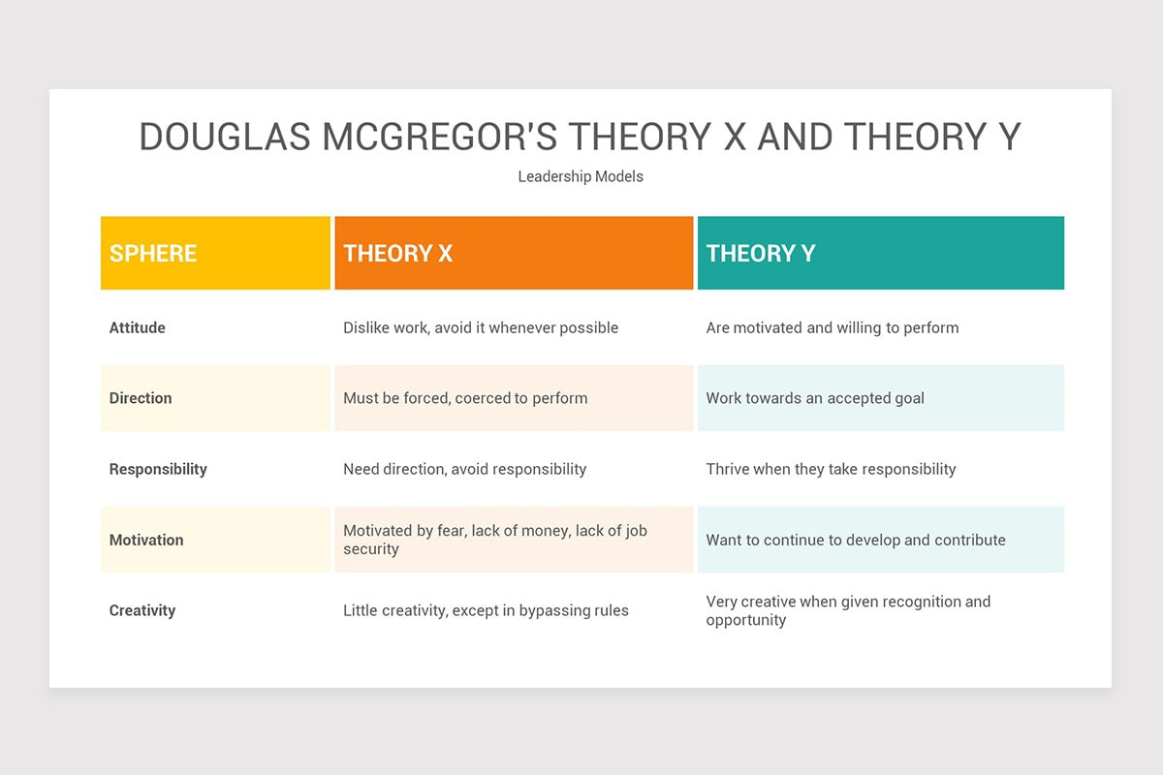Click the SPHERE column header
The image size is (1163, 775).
point(215,253)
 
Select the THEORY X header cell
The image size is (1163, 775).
point(514,253)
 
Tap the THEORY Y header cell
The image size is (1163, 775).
point(881,253)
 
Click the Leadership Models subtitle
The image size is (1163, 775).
point(581,176)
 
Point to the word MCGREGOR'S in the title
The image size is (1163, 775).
point(439,137)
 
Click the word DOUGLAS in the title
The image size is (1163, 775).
point(225,137)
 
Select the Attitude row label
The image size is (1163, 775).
point(137,327)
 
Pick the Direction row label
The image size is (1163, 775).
point(141,398)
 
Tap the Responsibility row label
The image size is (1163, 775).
point(158,469)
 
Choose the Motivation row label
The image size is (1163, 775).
point(146,540)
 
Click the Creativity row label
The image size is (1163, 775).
point(142,610)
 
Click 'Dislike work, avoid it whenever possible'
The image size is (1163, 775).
point(481,328)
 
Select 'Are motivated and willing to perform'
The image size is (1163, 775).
point(833,328)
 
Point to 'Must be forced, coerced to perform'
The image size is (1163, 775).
point(465,399)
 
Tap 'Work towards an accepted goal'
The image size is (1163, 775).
point(815,399)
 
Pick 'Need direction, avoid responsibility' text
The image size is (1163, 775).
point(464,469)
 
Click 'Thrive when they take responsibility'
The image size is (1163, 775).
point(831,469)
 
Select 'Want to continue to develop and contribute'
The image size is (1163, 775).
point(856,540)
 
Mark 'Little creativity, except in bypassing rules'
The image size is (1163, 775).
point(486,610)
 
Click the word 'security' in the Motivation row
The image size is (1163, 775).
point(370,549)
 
